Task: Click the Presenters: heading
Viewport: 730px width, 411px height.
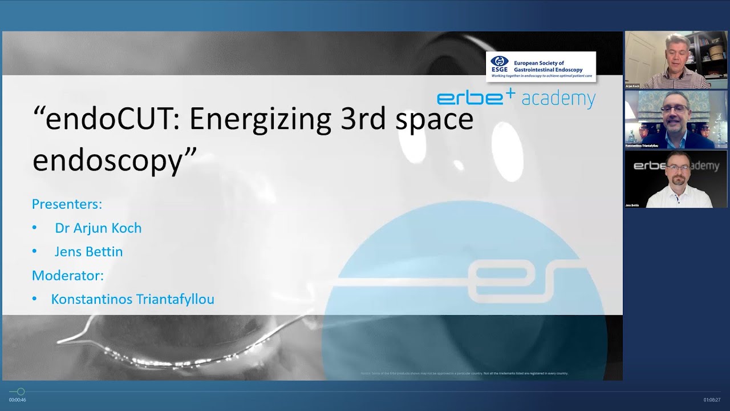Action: click(x=67, y=204)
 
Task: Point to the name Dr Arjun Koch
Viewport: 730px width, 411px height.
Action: click(x=98, y=228)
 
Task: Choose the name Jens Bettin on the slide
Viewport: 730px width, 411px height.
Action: click(x=88, y=252)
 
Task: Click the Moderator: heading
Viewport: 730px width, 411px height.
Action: click(x=68, y=275)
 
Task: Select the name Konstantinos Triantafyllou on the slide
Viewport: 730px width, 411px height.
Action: click(x=132, y=299)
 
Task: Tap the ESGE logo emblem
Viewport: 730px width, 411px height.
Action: click(x=499, y=62)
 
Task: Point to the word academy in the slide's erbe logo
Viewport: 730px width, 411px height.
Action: click(x=558, y=99)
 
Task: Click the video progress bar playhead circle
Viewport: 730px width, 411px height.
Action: click(x=21, y=392)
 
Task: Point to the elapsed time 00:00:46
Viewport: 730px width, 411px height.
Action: click(x=17, y=400)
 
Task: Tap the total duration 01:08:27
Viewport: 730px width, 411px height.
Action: click(x=712, y=400)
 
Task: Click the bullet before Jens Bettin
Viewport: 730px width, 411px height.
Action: click(x=35, y=252)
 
